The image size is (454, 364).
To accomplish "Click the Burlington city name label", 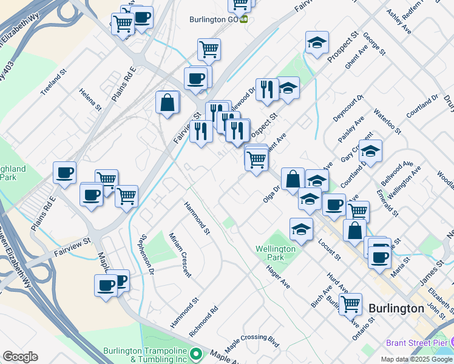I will click(x=396, y=308).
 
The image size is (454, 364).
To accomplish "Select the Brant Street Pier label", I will click(x=415, y=343).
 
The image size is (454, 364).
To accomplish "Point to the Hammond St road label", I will click(x=197, y=218).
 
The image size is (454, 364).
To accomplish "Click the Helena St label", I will click(x=90, y=99).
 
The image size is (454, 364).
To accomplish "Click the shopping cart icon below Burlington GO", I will click(x=209, y=49).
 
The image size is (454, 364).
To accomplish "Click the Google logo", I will click(x=20, y=356).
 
